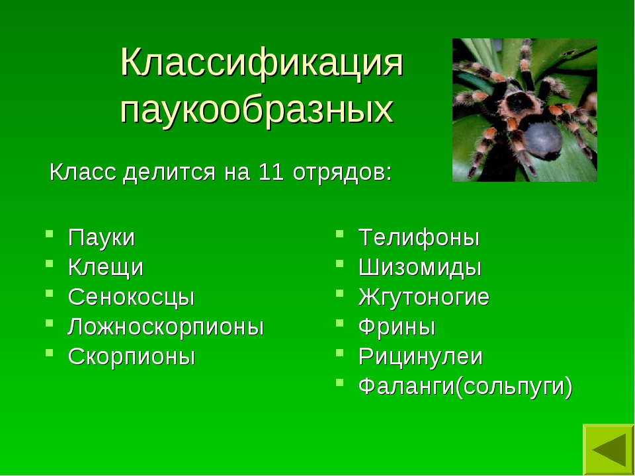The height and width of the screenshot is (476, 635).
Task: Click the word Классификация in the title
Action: (262, 63)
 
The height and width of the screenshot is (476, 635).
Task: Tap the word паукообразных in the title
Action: (257, 110)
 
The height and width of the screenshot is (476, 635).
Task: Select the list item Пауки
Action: (101, 237)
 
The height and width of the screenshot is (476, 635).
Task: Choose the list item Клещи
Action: (106, 268)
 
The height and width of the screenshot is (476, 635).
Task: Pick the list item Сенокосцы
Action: (131, 297)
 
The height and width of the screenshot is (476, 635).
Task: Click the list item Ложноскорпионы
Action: (166, 327)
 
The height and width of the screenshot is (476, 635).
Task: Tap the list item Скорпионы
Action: (132, 356)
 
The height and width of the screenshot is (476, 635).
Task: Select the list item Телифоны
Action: (419, 237)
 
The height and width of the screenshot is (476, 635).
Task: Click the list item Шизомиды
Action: (420, 268)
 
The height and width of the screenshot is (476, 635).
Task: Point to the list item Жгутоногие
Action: (424, 297)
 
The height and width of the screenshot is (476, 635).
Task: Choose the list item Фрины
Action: (397, 327)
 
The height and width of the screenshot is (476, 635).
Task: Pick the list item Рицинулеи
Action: (421, 356)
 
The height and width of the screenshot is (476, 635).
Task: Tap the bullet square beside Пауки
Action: (50, 233)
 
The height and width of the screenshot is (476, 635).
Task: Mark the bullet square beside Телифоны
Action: (340, 233)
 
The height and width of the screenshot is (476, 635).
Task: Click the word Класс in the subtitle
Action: (83, 173)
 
